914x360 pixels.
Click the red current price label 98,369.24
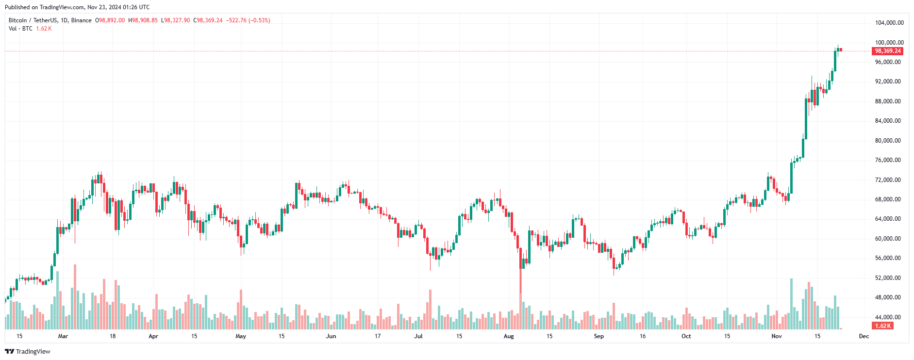coord(887,51)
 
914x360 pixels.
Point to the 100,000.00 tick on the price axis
coord(889,43)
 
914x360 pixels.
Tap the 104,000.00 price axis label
coord(889,23)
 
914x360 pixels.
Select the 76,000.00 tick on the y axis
coord(887,160)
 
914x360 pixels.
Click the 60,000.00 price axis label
coord(887,239)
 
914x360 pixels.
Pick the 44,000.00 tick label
coord(887,317)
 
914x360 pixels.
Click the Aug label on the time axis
coord(509,336)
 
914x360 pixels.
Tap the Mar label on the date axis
coord(63,336)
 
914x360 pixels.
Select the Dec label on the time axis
coord(864,336)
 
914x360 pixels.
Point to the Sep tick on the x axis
coord(599,336)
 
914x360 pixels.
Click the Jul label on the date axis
coord(418,336)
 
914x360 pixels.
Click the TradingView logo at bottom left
coord(28,351)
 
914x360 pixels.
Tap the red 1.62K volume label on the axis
coord(883,326)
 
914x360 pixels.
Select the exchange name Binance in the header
coord(81,20)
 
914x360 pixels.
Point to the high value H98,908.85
coord(143,20)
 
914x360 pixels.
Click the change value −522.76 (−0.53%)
coord(248,20)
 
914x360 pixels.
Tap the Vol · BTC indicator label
coord(20,29)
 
